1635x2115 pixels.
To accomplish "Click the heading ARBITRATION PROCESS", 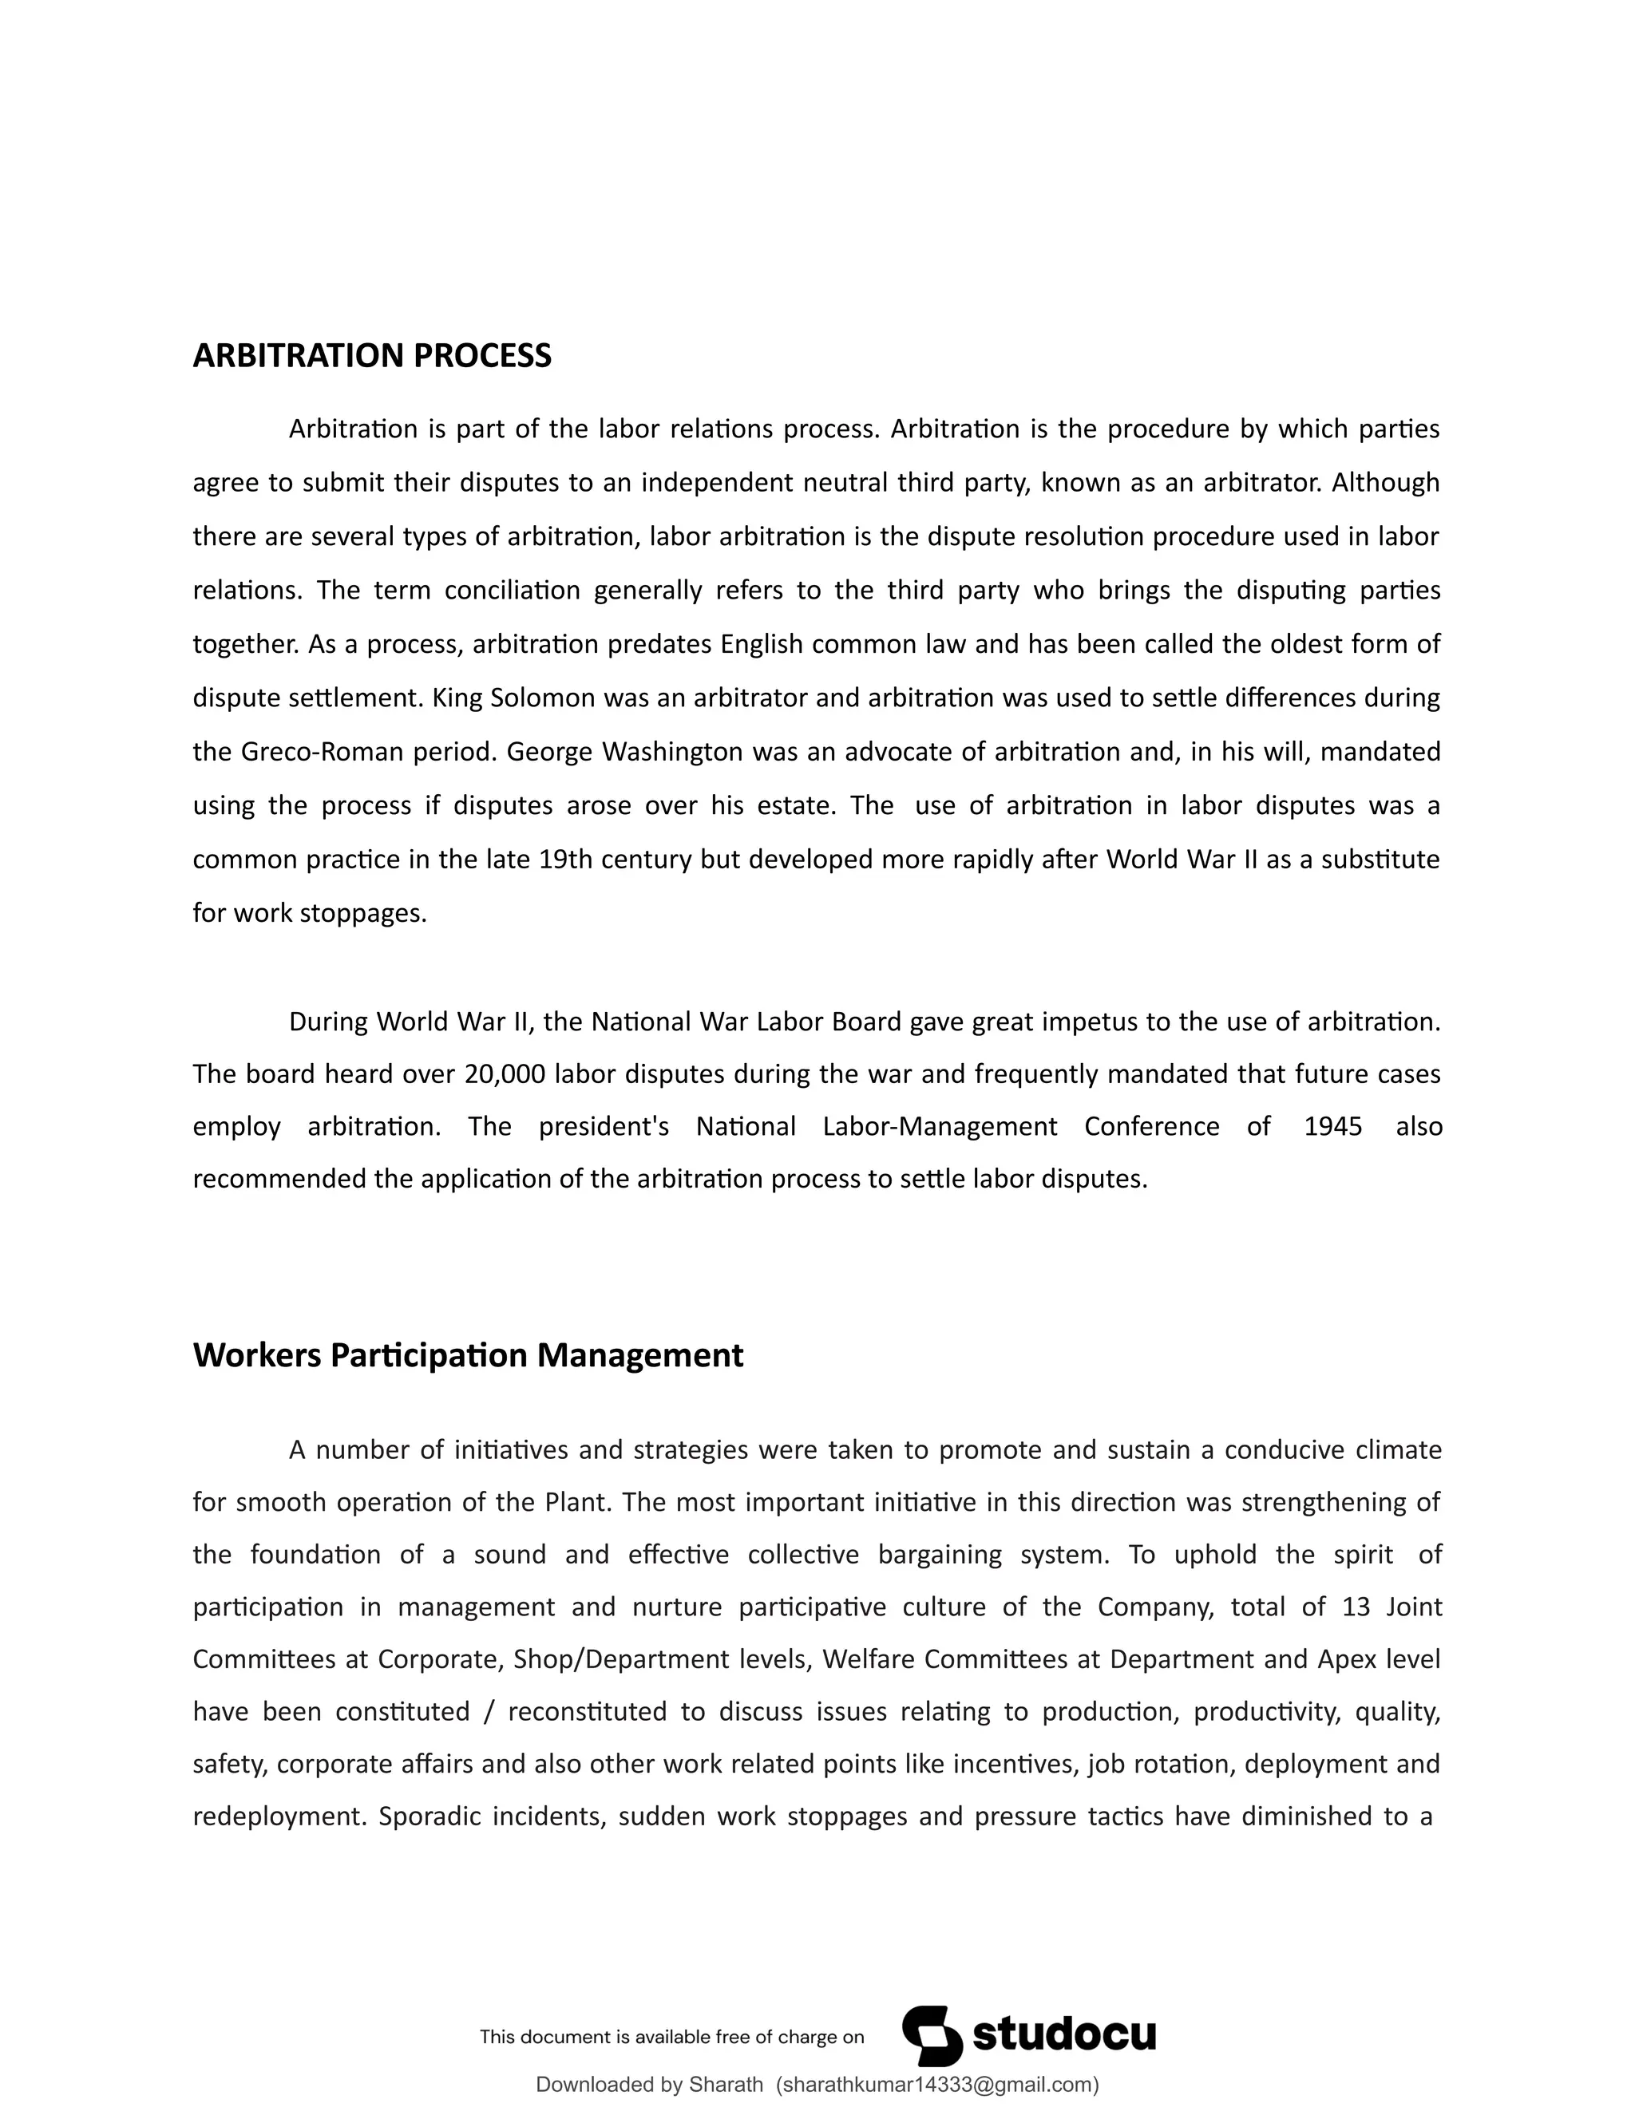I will tap(372, 357).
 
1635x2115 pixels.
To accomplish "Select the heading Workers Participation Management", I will tap(468, 1355).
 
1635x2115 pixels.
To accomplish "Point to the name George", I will tap(549, 753).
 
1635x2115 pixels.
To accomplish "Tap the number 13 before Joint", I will tap(1356, 1607).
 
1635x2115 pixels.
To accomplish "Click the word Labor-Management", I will tap(940, 1127).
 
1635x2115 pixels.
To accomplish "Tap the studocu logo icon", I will tap(932, 2036).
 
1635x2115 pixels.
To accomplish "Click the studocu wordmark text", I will tap(1063, 2034).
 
